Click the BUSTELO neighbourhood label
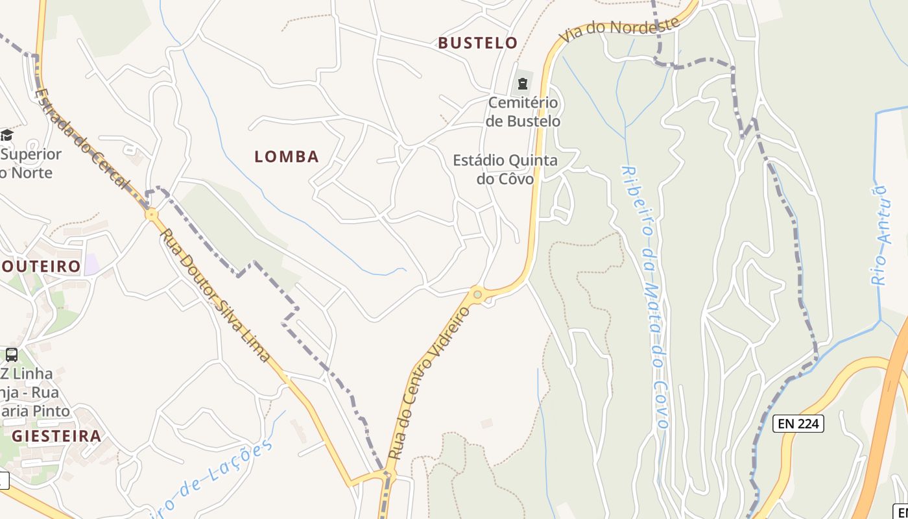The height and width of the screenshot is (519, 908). click(478, 43)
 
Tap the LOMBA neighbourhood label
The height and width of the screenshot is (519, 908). click(287, 156)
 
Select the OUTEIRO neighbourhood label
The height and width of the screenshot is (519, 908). click(41, 267)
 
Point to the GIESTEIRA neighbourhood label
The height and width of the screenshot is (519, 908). click(56, 436)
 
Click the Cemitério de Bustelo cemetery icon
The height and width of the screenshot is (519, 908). click(522, 84)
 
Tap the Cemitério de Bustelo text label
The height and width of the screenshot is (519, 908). click(523, 112)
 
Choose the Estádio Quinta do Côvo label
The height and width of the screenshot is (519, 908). click(505, 169)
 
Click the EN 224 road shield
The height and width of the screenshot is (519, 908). click(798, 424)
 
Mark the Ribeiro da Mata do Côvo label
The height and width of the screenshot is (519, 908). click(646, 296)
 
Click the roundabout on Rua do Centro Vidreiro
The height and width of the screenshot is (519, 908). click(478, 295)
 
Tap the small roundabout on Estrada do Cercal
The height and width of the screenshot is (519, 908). click(152, 214)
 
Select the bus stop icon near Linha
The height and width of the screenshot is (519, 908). click(12, 355)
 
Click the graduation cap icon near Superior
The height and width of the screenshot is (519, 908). click(6, 135)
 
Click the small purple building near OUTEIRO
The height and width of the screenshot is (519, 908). click(91, 264)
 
